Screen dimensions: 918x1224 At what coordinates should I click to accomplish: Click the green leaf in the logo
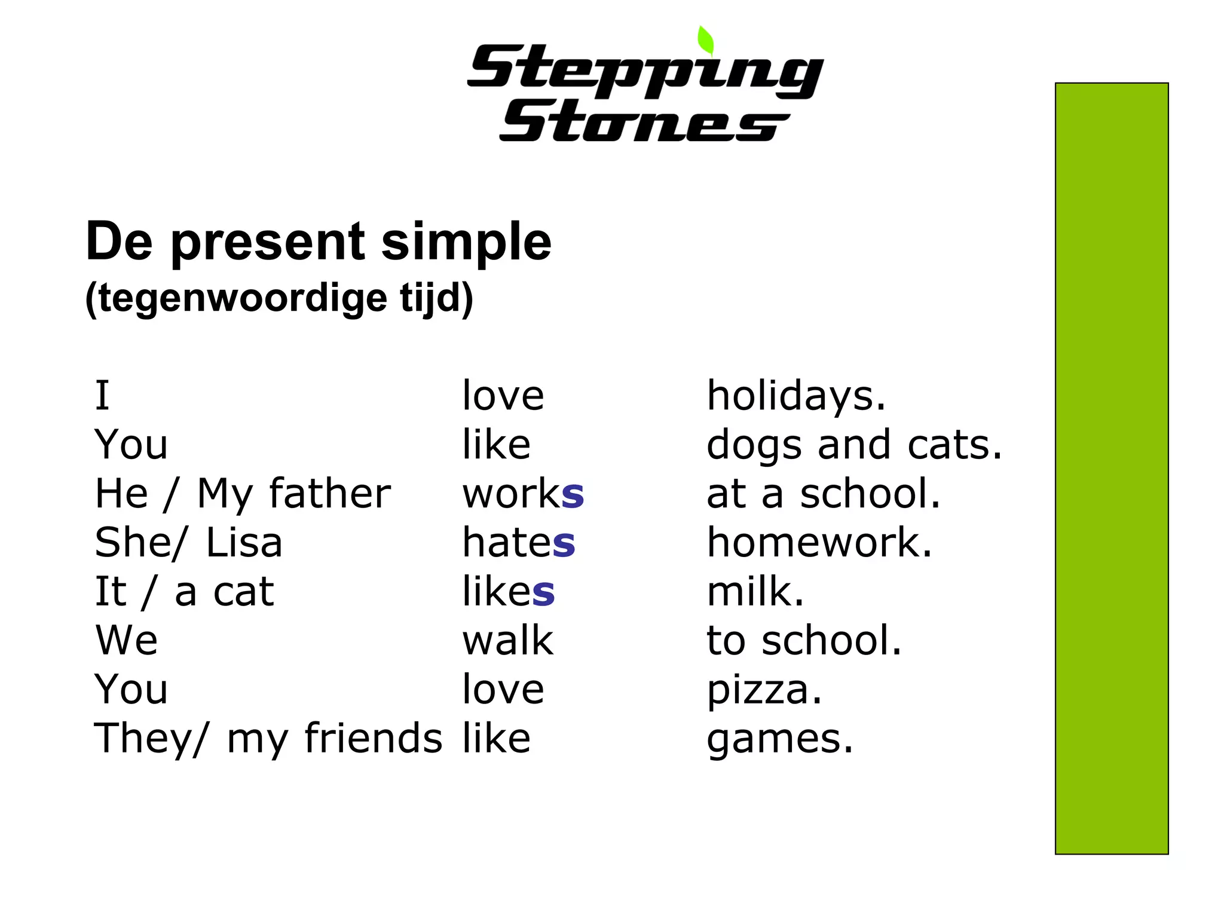(706, 41)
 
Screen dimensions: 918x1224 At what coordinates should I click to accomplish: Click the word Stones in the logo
(644, 122)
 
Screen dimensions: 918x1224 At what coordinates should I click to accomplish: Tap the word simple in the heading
(466, 241)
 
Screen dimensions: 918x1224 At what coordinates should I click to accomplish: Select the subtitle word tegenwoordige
(242, 298)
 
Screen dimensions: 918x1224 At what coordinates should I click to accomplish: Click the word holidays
(796, 396)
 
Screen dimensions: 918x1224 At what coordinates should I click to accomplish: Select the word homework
(819, 543)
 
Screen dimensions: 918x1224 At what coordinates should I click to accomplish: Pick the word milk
(755, 592)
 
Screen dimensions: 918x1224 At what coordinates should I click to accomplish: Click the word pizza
(764, 691)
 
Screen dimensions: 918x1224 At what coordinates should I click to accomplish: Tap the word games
(779, 740)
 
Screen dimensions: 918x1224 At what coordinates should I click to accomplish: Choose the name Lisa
(244, 543)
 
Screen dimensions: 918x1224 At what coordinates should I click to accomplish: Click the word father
(330, 494)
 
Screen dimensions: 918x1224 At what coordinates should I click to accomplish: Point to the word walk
(508, 641)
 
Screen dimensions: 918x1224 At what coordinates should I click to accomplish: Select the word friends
(374, 739)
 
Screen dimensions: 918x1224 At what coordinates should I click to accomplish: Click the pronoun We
(127, 641)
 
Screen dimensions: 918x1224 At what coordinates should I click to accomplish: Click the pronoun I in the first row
(102, 396)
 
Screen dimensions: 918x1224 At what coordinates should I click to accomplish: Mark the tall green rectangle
(1111, 469)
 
